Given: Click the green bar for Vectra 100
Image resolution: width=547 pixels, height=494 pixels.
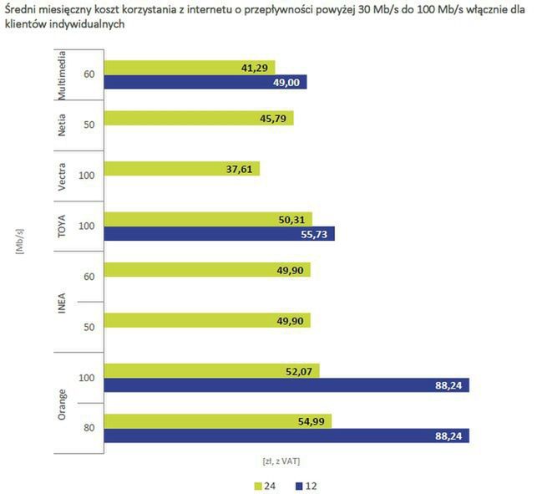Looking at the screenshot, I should point(181,169).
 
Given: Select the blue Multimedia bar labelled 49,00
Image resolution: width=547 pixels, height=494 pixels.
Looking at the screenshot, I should point(205,82).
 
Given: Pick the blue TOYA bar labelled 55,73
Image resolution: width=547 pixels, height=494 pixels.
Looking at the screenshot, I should point(219,234).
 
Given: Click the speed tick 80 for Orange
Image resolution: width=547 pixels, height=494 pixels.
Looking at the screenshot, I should point(88,429).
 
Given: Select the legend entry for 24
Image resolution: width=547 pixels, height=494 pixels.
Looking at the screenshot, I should point(263,484).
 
